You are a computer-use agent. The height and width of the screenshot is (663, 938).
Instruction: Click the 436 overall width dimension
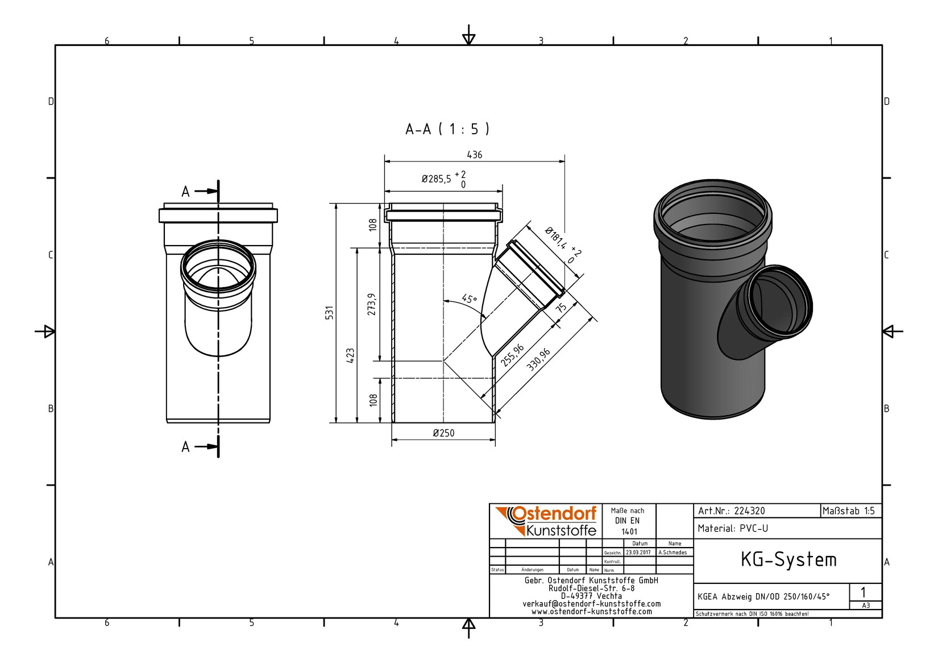(475, 155)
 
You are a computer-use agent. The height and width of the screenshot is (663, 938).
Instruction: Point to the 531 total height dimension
(330, 313)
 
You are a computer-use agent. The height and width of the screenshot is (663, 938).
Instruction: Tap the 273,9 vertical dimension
(372, 304)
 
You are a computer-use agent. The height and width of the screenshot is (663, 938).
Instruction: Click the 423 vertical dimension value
(351, 355)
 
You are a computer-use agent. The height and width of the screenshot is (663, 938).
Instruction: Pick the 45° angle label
(470, 299)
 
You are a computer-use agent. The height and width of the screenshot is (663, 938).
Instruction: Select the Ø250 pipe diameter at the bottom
(443, 433)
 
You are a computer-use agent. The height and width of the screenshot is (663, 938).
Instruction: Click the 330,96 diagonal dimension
(538, 360)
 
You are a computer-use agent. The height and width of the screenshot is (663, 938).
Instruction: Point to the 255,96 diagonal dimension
(513, 355)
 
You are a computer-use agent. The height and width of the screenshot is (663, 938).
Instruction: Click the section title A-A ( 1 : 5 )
(447, 129)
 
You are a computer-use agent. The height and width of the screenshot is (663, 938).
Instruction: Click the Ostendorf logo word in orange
(554, 514)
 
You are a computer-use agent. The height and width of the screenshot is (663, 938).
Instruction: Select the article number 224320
(750, 511)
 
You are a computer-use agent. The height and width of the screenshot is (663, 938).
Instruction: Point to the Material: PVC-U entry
(733, 529)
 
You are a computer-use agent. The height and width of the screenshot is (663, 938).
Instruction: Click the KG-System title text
(788, 560)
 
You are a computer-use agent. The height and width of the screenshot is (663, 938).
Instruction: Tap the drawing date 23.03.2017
(638, 553)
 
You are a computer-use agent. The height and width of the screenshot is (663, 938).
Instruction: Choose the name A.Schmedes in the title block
(673, 553)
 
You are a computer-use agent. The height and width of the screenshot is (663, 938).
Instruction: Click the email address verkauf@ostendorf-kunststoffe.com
(592, 604)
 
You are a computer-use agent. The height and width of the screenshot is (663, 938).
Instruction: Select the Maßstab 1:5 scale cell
(849, 511)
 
